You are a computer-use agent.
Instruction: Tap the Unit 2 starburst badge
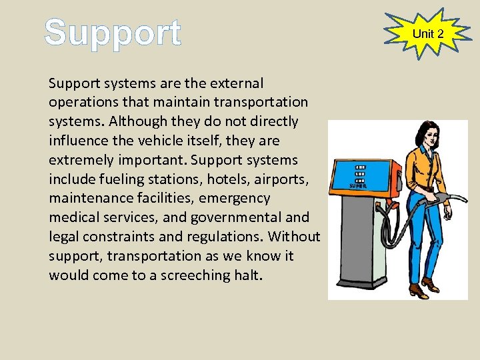click(428, 33)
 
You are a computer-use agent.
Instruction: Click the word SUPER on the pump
click(359, 185)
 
